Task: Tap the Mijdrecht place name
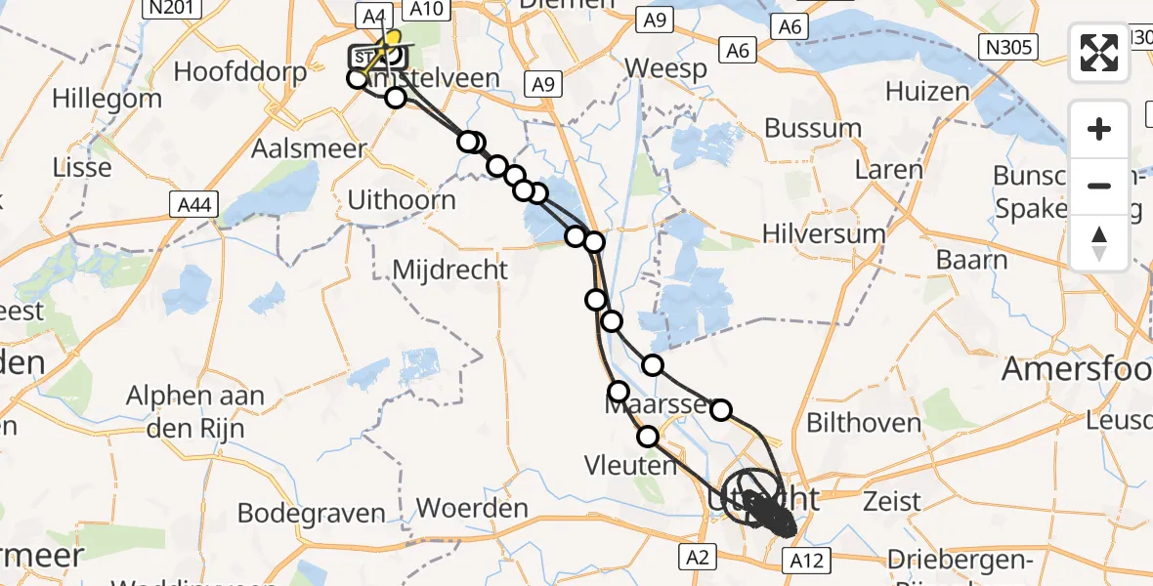(x=449, y=270)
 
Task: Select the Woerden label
(x=472, y=508)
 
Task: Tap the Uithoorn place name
(x=402, y=200)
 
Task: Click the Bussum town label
(x=813, y=128)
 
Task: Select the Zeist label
(x=892, y=502)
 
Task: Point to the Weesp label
(x=665, y=69)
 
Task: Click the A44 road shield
(x=191, y=205)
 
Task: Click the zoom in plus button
(x=1099, y=129)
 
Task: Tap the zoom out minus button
(x=1099, y=186)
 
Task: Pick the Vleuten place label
(x=630, y=465)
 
